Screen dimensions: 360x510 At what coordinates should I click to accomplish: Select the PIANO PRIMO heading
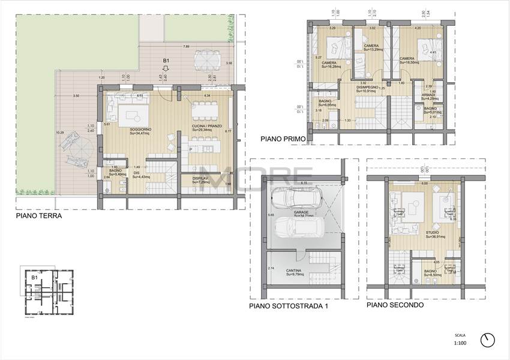(283, 139)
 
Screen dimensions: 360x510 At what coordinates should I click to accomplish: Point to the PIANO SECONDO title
(395, 305)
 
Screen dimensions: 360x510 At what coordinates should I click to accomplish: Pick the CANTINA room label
(293, 271)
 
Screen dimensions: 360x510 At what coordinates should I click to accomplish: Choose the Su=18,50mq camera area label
(411, 62)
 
